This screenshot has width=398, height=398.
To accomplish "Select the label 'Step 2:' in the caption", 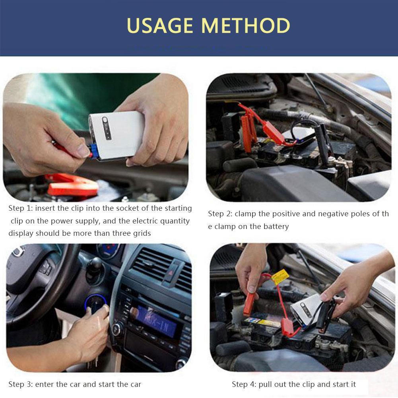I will click(x=220, y=214).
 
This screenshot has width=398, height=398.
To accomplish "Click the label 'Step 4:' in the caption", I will click(x=244, y=384).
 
